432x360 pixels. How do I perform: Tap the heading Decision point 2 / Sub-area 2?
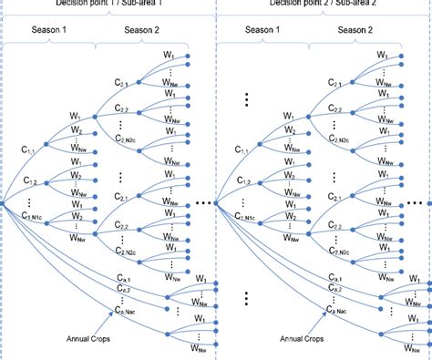[322, 4]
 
